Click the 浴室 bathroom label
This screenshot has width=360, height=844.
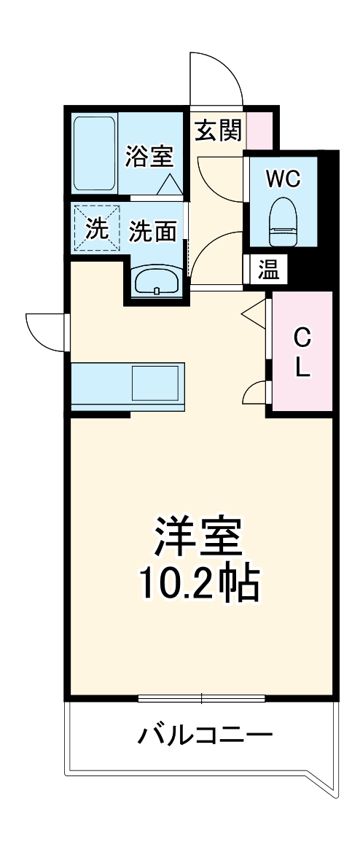coord(149,157)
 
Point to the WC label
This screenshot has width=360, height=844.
coord(282,179)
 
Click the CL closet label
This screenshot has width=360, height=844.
coord(302,352)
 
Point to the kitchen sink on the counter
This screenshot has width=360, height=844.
coord(154,382)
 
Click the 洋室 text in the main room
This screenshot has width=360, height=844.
coord(196,538)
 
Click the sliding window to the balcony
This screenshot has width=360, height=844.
coord(202,698)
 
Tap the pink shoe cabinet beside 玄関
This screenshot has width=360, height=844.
coord(260,128)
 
